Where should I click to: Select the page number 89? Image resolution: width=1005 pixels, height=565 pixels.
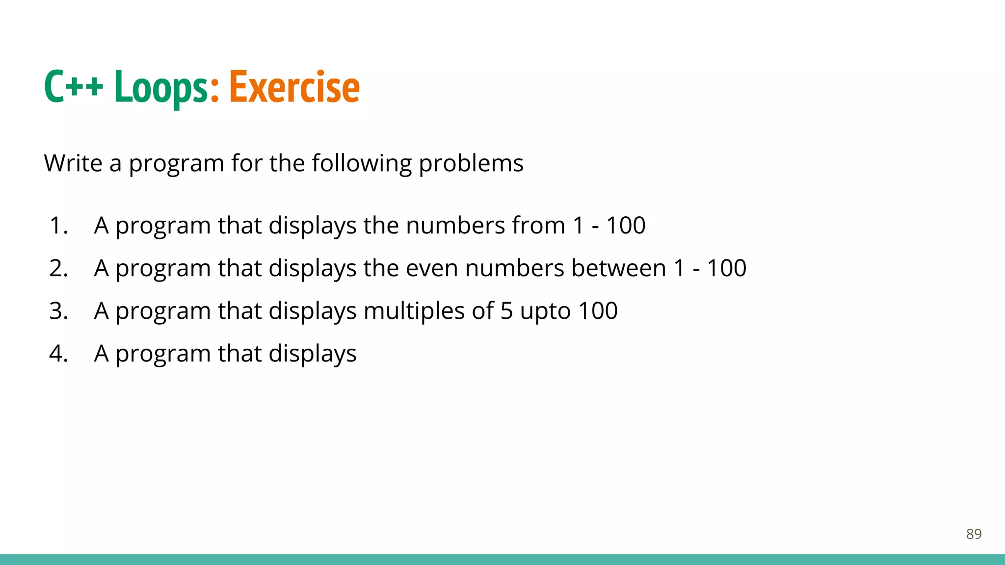974,534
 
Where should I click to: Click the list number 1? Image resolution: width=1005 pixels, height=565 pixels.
58,226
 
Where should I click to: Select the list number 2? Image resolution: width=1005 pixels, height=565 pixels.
58,268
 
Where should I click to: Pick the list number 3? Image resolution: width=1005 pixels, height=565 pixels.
58,311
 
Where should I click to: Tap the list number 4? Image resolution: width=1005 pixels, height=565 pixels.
58,354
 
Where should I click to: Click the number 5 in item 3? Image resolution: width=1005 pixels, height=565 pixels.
506,311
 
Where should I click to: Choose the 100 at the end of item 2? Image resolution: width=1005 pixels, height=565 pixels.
726,268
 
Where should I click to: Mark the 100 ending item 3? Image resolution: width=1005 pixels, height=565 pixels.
598,311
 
